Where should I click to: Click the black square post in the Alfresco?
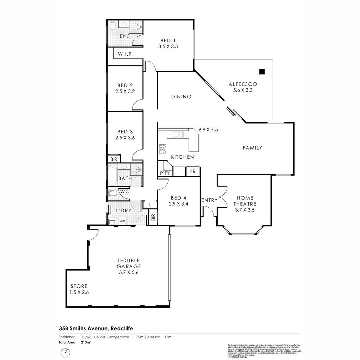click(262, 71)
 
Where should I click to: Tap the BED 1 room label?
click(168, 41)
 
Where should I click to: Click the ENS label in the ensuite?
click(125, 36)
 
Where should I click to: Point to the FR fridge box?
click(193, 171)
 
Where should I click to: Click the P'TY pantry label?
click(165, 173)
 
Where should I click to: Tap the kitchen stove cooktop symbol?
click(163, 149)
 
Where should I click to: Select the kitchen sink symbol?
click(178, 135)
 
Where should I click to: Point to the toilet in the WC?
click(112, 193)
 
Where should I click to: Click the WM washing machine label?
click(122, 221)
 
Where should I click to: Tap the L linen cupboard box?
click(151, 204)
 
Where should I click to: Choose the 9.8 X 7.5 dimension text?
click(208, 129)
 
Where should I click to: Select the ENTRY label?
click(209, 200)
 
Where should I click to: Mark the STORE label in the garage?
click(79, 286)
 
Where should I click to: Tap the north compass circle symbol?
click(65, 352)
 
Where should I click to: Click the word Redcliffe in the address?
click(121, 328)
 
